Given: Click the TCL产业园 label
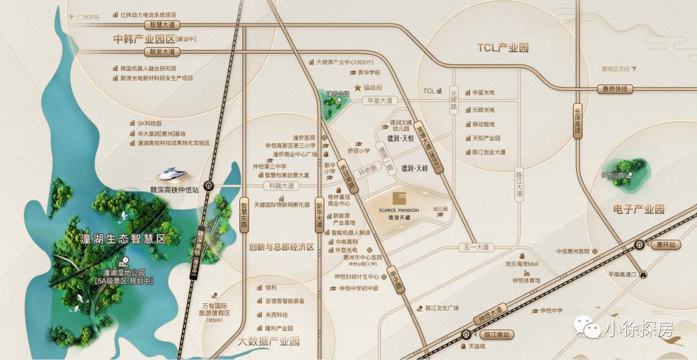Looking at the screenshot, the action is click(x=503, y=48).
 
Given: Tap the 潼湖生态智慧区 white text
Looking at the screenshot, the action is click(x=125, y=239).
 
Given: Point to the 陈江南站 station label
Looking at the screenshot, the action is click(x=497, y=335).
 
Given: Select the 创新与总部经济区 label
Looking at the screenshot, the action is click(x=281, y=247).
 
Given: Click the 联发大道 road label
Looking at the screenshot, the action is click(x=144, y=52).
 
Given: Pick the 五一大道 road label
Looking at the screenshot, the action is click(x=477, y=247).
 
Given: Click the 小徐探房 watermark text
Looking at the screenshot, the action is click(x=638, y=329).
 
